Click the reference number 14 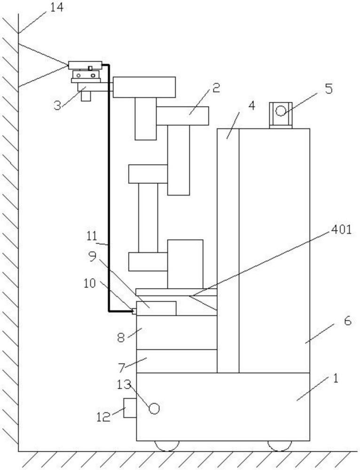coord(57,7)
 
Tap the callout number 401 coord(341,229)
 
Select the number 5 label coord(329,89)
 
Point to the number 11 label coord(92,236)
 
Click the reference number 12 coord(103,417)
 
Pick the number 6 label coord(347,321)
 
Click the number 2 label coord(216,87)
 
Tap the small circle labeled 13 coord(154,408)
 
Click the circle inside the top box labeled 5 coord(281,111)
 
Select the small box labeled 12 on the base coord(130,408)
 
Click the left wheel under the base coord(167,446)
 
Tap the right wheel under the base coord(280,446)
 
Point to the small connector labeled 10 coord(134,312)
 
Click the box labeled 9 coord(156,308)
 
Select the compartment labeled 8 coord(177,332)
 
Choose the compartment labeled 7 coord(177,361)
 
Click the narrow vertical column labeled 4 coord(228,251)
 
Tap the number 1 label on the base coord(336,378)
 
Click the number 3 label coord(57,105)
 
